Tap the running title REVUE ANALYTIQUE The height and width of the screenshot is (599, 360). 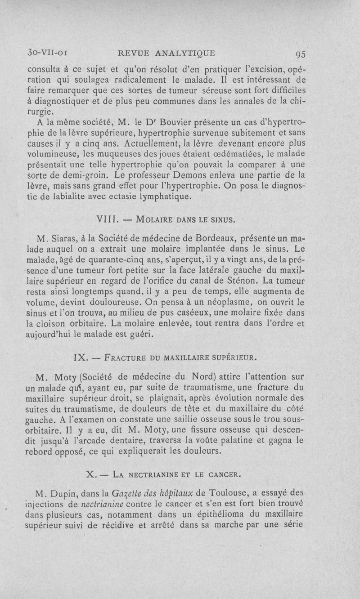point(166,54)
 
